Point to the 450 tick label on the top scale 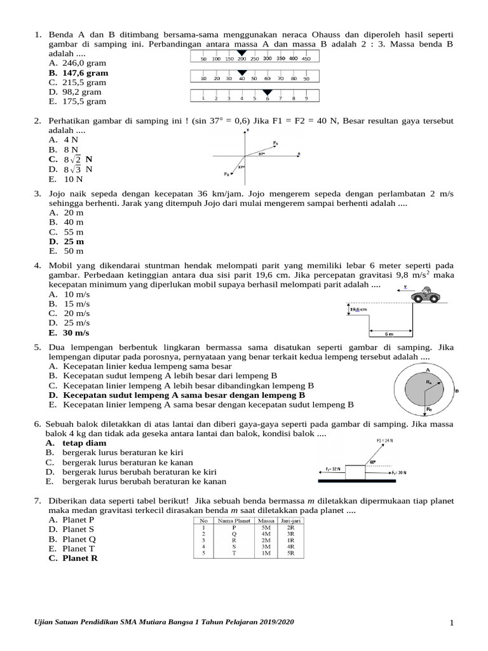coord(306,58)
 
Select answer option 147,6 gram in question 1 coord(85,73)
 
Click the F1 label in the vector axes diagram coord(275,143)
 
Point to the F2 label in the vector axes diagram coord(226,174)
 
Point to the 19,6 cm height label coord(358,309)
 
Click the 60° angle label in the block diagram coord(372,462)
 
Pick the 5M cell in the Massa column coord(266,528)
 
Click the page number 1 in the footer coord(451,623)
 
